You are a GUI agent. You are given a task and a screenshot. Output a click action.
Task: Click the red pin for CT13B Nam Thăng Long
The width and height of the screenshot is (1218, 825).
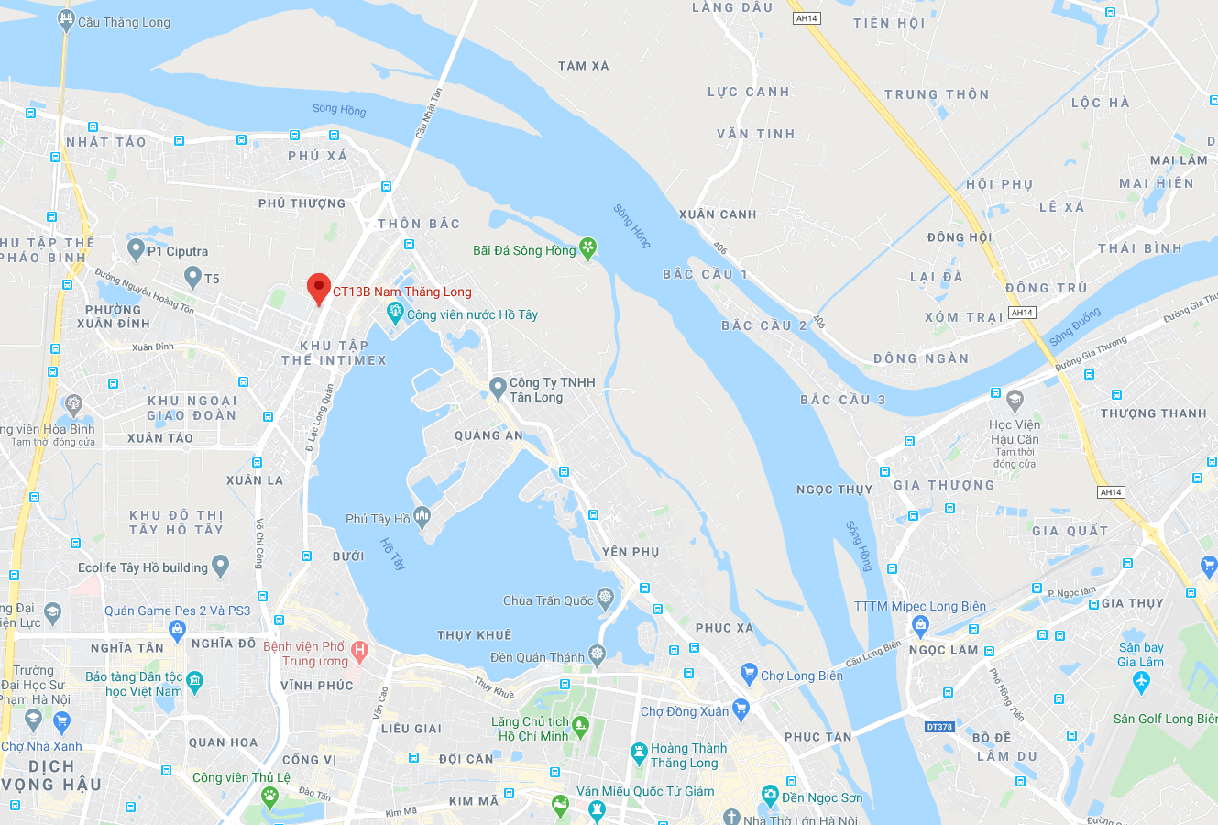pos(318,288)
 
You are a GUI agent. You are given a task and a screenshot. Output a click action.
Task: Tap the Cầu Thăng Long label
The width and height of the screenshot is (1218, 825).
pos(124,22)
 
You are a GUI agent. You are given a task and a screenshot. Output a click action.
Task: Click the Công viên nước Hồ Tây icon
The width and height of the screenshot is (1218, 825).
pos(395,313)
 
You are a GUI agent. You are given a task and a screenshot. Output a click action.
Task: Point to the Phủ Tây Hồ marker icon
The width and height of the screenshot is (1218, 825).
pos(422,518)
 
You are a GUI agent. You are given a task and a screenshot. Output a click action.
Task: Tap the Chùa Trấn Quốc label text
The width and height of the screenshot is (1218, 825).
pos(548,600)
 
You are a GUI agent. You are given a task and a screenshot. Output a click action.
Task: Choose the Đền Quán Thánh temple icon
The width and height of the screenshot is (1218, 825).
pos(597,655)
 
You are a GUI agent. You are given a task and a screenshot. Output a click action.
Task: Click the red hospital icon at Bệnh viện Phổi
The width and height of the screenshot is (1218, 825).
pos(360,653)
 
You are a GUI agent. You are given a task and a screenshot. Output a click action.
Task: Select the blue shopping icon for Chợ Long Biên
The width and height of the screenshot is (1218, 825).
pos(749,675)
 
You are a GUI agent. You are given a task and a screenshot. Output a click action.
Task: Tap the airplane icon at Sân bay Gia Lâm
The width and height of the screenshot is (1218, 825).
pos(1141,681)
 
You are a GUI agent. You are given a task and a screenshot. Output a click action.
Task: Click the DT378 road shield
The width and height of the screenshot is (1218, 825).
pos(939,727)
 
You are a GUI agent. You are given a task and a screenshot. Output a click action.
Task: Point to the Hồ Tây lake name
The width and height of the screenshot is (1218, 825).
pos(392,554)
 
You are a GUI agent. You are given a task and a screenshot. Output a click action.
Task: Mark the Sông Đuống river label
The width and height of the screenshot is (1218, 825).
pos(1075,327)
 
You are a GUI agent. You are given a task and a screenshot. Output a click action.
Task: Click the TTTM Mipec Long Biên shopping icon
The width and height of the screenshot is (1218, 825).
pos(920,626)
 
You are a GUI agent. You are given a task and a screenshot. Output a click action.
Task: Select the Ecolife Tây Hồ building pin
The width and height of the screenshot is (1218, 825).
pos(220,566)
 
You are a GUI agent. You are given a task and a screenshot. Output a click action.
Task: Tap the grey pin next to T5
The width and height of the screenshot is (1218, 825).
pos(192,276)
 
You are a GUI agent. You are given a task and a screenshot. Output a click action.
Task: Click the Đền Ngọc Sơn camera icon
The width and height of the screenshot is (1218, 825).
pos(770,795)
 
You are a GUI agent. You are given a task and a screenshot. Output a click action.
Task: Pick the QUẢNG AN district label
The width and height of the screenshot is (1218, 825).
pos(488,435)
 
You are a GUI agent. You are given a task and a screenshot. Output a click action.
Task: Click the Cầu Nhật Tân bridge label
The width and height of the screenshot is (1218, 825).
pos(428,113)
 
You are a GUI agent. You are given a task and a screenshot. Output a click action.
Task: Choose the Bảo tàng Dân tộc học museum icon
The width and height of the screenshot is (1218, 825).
pos(194,680)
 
